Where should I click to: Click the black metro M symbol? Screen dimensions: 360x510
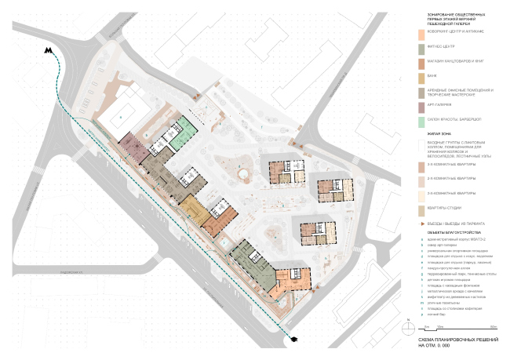point(50,51)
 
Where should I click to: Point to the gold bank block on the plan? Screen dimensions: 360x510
point(192,208)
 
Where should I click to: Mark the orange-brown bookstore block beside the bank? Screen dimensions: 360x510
point(216,222)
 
